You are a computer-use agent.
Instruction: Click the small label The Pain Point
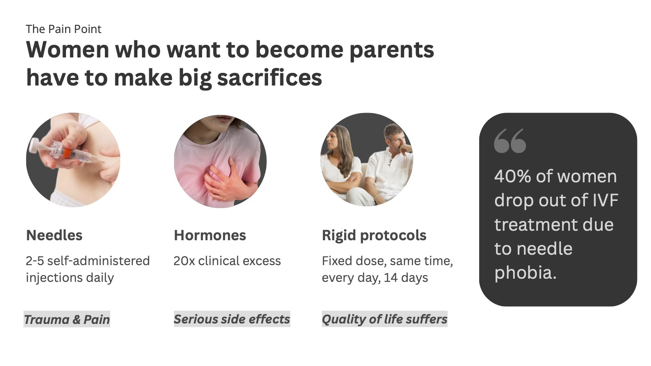tap(64, 29)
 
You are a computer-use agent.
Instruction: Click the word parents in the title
tap(392, 51)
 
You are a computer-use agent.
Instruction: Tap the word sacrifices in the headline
tap(269, 78)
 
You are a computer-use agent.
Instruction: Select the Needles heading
tap(54, 235)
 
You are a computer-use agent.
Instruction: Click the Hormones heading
tap(210, 235)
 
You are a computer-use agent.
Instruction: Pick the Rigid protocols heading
tap(374, 236)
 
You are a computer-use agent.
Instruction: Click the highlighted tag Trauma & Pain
tap(67, 319)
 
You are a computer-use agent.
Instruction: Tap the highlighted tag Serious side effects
tap(232, 319)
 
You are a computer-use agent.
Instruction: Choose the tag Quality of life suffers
tap(384, 319)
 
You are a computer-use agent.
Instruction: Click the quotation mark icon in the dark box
tap(510, 141)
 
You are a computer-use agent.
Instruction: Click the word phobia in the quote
tap(525, 273)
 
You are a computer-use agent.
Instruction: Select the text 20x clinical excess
tap(227, 261)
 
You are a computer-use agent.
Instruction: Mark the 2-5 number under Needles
tap(34, 261)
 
